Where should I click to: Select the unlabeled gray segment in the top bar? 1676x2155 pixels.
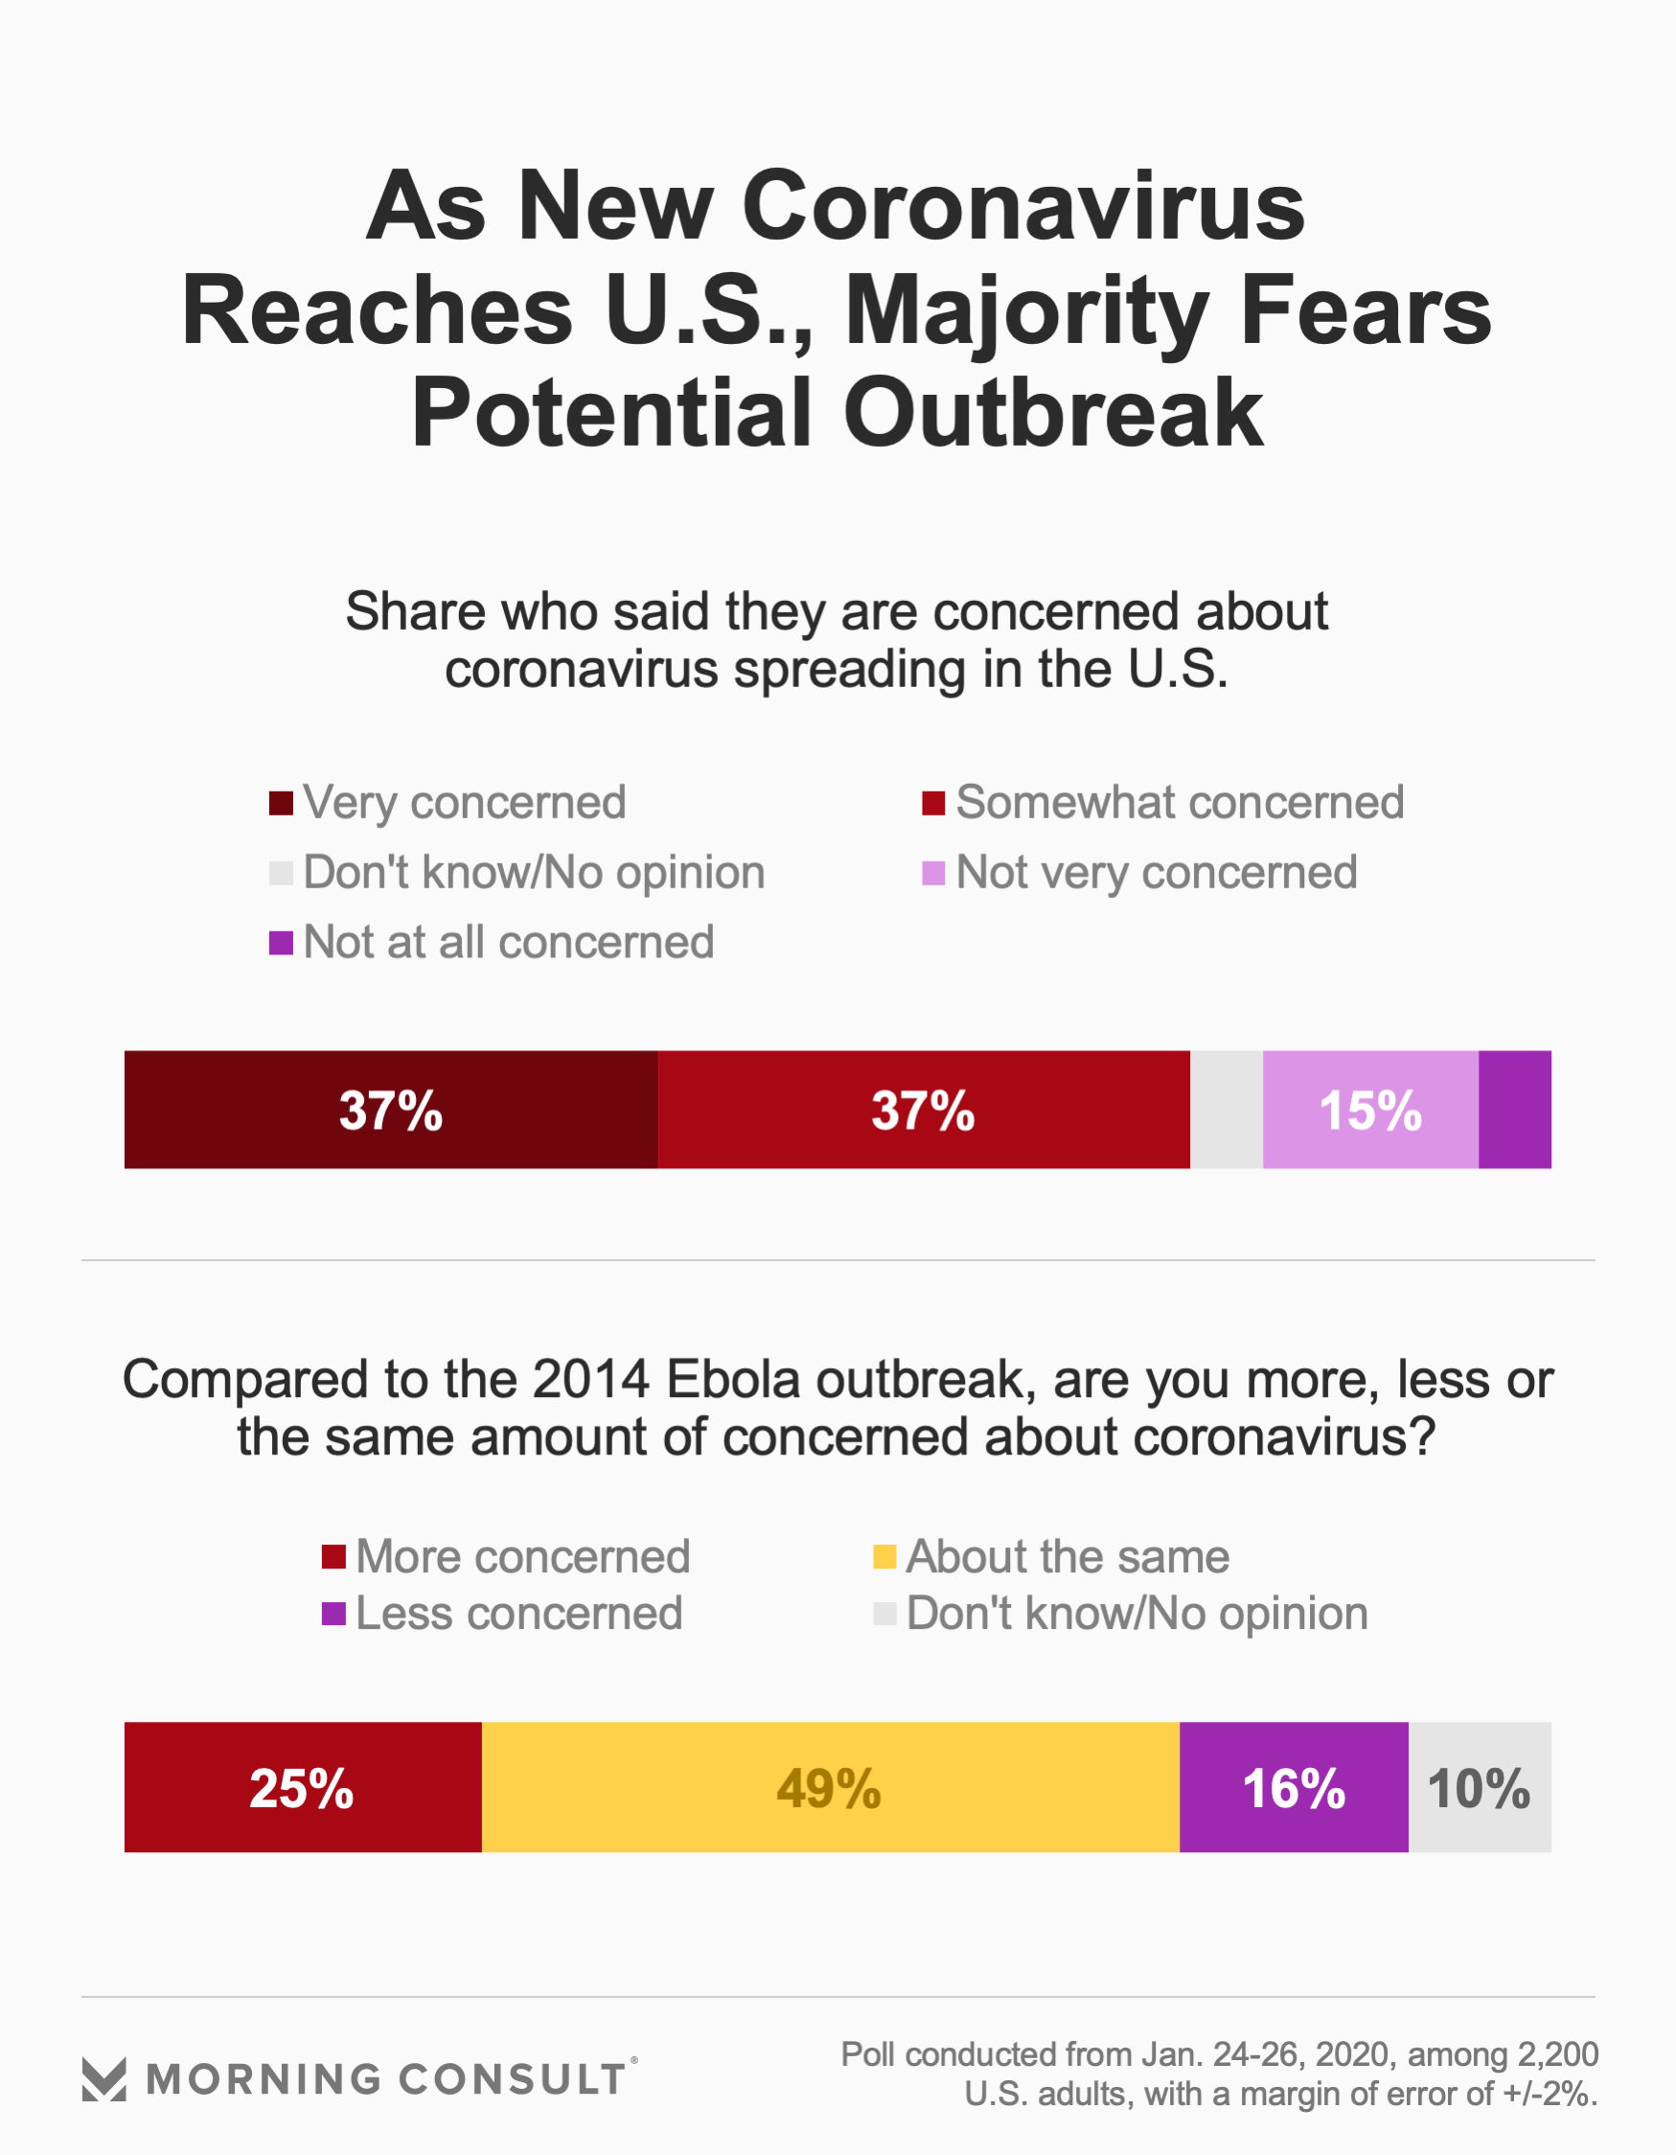pyautogui.click(x=1226, y=1109)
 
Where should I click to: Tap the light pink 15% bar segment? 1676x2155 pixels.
pyautogui.click(x=1370, y=1109)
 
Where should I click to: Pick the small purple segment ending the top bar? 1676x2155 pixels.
pyautogui.click(x=1514, y=1109)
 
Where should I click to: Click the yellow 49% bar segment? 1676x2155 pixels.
pyautogui.click(x=829, y=1787)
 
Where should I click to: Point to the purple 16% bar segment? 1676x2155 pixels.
pyautogui.click(x=1293, y=1787)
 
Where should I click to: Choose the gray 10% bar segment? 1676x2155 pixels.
pyautogui.click(x=1479, y=1787)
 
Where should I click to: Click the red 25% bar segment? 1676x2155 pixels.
pyautogui.click(x=302, y=1787)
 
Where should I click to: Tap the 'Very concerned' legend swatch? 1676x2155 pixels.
pyautogui.click(x=282, y=803)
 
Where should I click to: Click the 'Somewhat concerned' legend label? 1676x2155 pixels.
pyautogui.click(x=1180, y=802)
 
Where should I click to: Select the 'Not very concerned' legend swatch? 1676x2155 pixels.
pyautogui.click(x=932, y=873)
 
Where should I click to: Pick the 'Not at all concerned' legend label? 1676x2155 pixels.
pyautogui.click(x=508, y=942)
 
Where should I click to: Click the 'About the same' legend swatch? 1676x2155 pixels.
pyautogui.click(x=884, y=1556)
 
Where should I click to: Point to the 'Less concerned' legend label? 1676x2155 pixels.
pyautogui.click(x=519, y=1614)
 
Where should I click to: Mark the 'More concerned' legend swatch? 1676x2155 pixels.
pyautogui.click(x=333, y=1556)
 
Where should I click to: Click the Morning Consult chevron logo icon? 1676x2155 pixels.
pyautogui.click(x=103, y=2079)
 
